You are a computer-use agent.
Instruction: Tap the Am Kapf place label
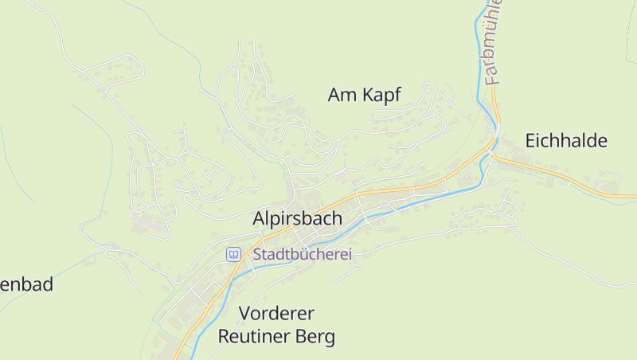tap(364, 96)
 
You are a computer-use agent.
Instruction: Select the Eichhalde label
tap(566, 142)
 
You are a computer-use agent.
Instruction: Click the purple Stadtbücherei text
tap(302, 255)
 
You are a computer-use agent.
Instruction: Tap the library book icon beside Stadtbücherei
tap(233, 255)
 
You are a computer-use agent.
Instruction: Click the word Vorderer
tap(276, 312)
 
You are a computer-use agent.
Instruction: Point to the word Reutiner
tap(256, 336)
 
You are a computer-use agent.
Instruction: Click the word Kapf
tap(381, 96)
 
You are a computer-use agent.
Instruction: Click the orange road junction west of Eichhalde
tap(493, 155)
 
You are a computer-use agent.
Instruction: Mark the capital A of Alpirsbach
tap(260, 218)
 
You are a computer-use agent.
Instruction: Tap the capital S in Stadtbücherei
tap(258, 255)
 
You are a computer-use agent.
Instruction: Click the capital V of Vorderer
tap(244, 312)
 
